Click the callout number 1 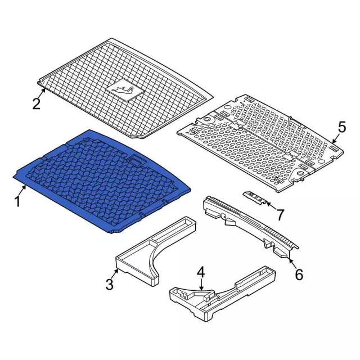(x=17, y=201)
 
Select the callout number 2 (x=37, y=103)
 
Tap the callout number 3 (x=110, y=284)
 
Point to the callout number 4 (x=201, y=272)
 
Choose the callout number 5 (x=342, y=127)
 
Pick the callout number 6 (x=299, y=274)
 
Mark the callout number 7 (x=280, y=215)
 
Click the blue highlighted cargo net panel (x=101, y=181)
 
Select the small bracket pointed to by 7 (x=255, y=197)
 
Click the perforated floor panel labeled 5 (x=260, y=143)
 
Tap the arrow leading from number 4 (x=201, y=285)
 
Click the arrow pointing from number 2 (x=42, y=93)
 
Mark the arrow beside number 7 (x=272, y=205)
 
